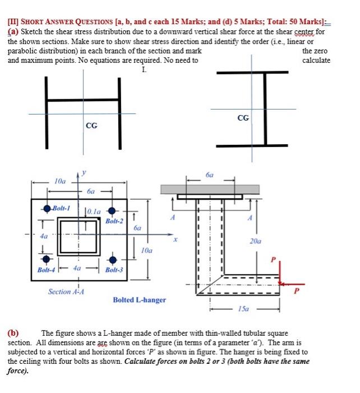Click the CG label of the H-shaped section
[x=91, y=125]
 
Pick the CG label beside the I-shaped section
[x=243, y=118]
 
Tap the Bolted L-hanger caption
[x=140, y=300]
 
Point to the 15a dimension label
[x=244, y=309]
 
